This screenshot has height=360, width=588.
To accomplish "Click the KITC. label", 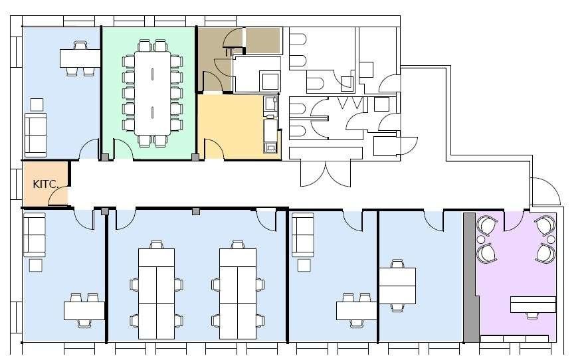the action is tap(46, 184).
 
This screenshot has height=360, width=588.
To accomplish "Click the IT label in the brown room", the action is tap(229, 52).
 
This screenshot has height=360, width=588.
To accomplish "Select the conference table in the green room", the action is tap(152, 93).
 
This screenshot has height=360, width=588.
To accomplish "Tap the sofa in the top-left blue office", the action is tap(36, 135).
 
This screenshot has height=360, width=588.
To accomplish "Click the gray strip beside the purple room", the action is tap(471, 278).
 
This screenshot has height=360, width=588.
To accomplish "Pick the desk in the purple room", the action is tap(532, 304).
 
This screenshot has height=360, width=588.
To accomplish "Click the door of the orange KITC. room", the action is tap(58, 196).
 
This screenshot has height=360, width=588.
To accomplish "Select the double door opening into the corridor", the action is tap(326, 173).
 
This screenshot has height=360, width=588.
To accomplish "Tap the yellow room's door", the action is tap(214, 149).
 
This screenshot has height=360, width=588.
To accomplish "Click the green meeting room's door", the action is tap(123, 149).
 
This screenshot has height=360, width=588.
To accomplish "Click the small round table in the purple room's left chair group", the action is tap(480, 239).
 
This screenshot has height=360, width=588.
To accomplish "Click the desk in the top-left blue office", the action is tap(80, 58).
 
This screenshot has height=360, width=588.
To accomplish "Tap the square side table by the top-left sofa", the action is tap(37, 105).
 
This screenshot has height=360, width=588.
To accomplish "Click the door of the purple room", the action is tap(514, 221).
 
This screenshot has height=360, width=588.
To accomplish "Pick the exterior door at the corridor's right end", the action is tap(545, 191).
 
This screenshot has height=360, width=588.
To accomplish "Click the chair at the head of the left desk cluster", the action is tap(156, 244).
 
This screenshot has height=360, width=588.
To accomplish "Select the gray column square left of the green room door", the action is tap(105, 157).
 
